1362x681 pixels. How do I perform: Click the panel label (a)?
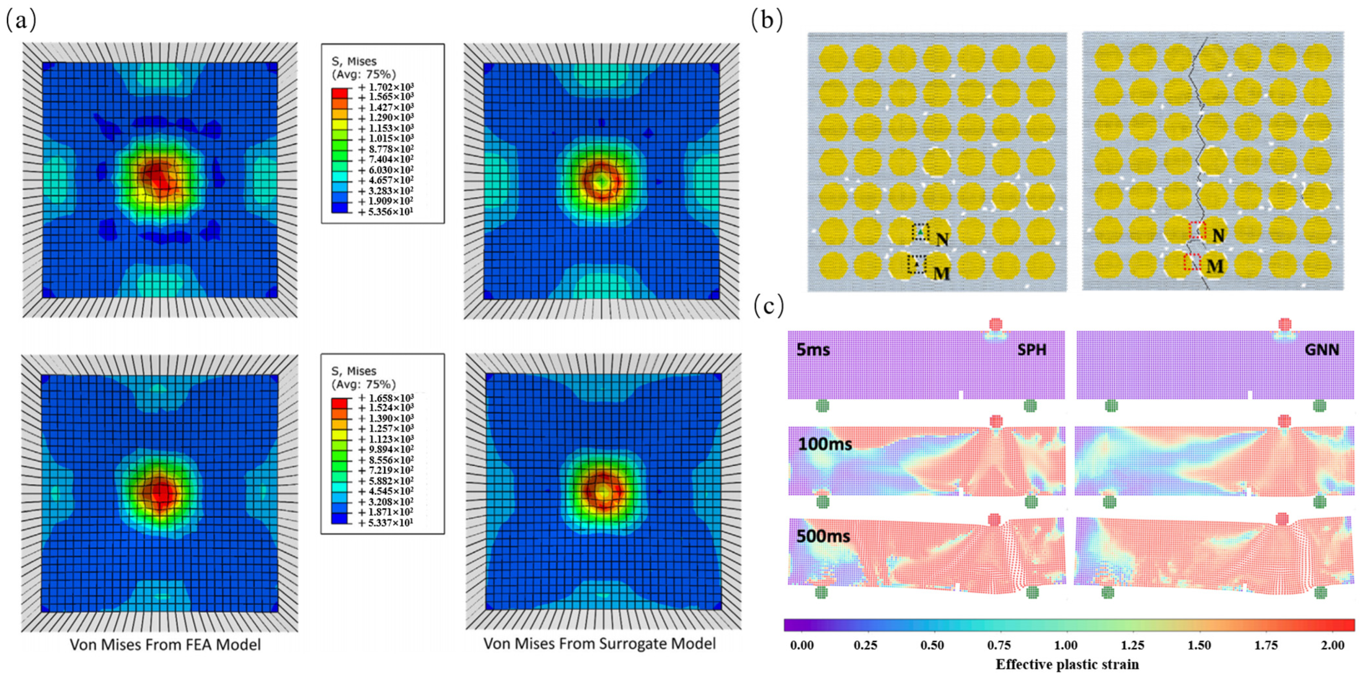click(x=21, y=21)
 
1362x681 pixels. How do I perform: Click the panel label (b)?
click(x=767, y=20)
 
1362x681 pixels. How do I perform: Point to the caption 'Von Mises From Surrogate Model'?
click(x=599, y=643)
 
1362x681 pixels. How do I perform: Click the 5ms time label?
click(x=813, y=350)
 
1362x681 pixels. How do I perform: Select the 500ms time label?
click(x=823, y=536)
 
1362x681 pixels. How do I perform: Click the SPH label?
click(x=1032, y=350)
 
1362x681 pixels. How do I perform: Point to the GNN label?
click(x=1321, y=350)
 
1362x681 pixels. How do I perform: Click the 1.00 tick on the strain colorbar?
click(x=1066, y=645)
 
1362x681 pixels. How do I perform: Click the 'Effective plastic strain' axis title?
click(x=1067, y=664)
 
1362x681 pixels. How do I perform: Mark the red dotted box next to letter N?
click(x=1197, y=230)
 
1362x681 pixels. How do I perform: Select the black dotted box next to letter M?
click(x=917, y=264)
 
